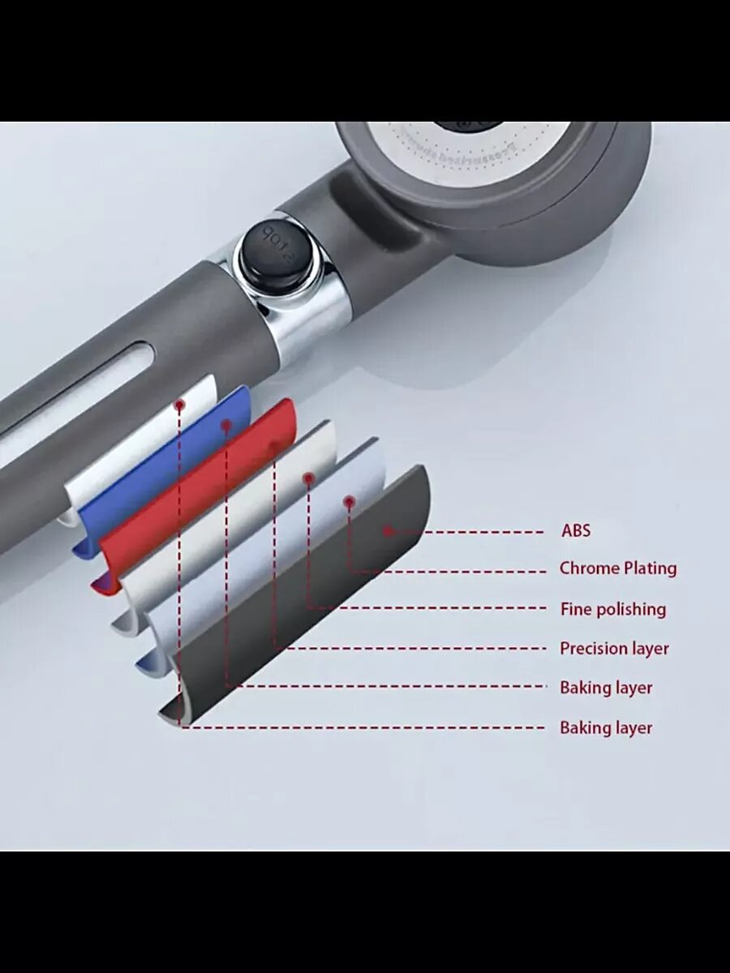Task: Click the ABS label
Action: pos(576,531)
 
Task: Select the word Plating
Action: pos(648,568)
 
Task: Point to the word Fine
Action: pos(576,609)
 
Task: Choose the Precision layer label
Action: pos(614,649)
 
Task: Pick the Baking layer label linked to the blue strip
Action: pos(606,688)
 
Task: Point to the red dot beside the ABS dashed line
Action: pos(389,531)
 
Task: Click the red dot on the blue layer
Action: pos(226,424)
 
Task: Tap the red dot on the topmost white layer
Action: pos(179,403)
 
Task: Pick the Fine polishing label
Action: pos(612,609)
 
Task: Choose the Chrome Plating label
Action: pos(617,568)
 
